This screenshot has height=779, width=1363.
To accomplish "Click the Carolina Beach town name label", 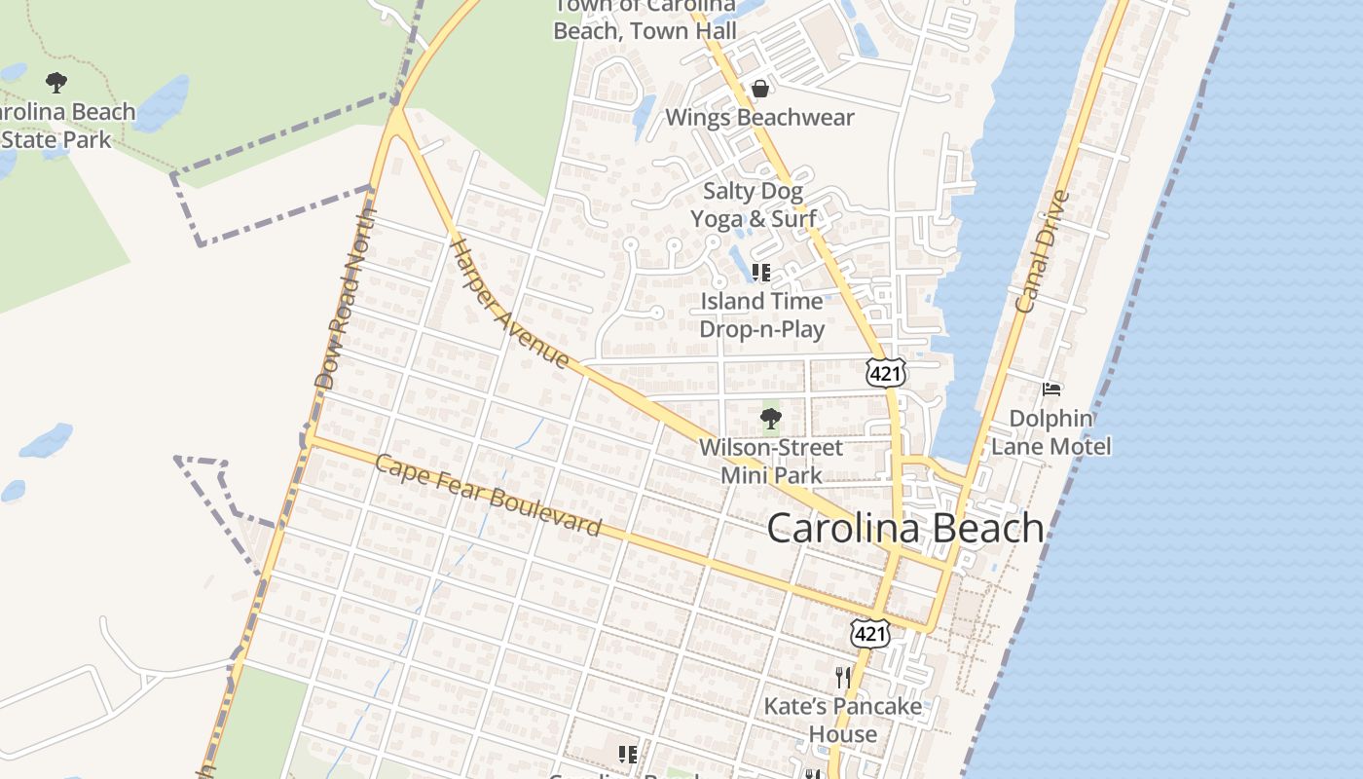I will click(905, 528).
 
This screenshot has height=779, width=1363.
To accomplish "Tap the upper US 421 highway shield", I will click(885, 373).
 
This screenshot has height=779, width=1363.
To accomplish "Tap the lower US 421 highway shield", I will click(869, 633).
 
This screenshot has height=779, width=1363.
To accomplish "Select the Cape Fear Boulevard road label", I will click(488, 496).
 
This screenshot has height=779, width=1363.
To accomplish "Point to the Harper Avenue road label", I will click(508, 303).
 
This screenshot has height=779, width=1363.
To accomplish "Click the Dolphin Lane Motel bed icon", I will click(1050, 389).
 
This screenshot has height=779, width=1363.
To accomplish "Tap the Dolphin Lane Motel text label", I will click(1050, 432).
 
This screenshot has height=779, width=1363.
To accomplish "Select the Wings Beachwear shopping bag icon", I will click(759, 89).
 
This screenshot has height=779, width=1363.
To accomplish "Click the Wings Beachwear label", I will click(759, 118).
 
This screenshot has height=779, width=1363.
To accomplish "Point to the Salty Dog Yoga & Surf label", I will click(754, 204).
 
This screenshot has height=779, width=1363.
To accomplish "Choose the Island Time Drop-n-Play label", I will click(761, 315).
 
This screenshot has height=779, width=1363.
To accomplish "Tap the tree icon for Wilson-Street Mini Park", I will click(770, 420).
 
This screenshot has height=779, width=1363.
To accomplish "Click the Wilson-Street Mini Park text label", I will click(770, 462).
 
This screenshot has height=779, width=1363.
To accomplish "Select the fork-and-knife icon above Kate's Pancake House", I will click(843, 677).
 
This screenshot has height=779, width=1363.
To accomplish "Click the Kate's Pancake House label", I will click(842, 720).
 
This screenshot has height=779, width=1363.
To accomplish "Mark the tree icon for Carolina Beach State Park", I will click(56, 83).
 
